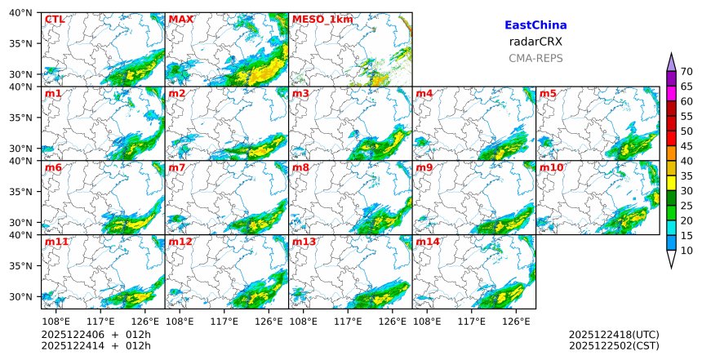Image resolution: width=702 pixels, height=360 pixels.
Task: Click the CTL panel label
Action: pyautogui.click(x=54, y=19)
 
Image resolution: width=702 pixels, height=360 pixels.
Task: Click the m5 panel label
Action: pyautogui.click(x=548, y=93)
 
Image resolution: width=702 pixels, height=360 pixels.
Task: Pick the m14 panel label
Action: pyautogui.click(x=427, y=242)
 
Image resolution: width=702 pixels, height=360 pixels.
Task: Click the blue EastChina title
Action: pyautogui.click(x=535, y=25)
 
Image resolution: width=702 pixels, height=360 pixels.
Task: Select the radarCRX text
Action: pyautogui.click(x=535, y=42)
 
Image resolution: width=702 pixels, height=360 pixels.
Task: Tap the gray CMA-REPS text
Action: pyautogui.click(x=535, y=58)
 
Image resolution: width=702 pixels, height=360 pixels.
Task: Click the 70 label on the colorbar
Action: pyautogui.click(x=686, y=72)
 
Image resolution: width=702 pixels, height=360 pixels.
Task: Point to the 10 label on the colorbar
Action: pyautogui.click(x=686, y=251)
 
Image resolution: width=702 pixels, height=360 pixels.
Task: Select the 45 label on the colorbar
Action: pyautogui.click(x=686, y=146)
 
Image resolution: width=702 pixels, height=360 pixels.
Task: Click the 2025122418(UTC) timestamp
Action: pyautogui.click(x=614, y=335)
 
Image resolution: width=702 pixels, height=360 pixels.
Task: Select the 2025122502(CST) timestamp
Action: pyautogui.click(x=614, y=345)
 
